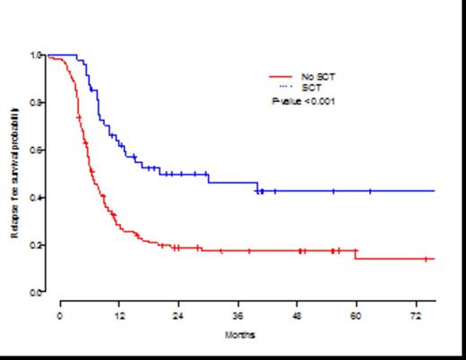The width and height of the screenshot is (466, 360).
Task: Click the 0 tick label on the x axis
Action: (60, 316)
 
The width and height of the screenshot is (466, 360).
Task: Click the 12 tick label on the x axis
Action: (119, 316)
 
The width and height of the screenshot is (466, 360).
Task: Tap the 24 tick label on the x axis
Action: (178, 316)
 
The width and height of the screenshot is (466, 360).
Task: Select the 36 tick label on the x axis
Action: (237, 316)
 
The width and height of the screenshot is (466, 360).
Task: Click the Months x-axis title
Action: (240, 335)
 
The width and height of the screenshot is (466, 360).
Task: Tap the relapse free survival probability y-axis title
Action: (16, 173)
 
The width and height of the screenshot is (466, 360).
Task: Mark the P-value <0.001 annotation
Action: (304, 101)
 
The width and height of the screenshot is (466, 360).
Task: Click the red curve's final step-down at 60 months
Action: (356, 255)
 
